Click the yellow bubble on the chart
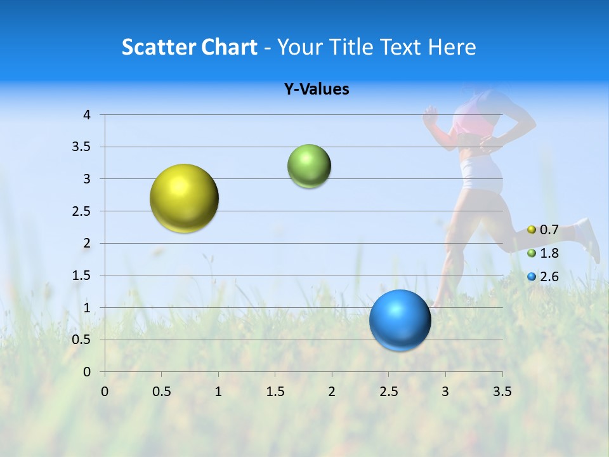184,198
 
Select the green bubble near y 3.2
309,166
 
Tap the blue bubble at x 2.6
400,320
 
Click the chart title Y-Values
317,89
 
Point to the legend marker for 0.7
532,229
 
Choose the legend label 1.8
549,253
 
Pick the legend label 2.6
549,277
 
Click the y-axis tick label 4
87,115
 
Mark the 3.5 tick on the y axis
82,147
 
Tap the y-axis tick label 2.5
82,211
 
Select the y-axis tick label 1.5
82,275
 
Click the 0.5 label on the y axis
82,340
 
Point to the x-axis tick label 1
218,391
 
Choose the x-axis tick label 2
332,391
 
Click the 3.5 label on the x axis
502,391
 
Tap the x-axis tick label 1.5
275,391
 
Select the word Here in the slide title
452,47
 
